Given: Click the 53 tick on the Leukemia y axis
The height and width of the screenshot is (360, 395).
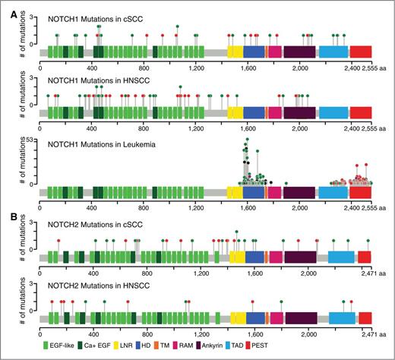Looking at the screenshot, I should [x=33, y=141].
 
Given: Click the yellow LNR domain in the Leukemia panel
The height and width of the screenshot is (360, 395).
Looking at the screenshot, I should [x=235, y=191].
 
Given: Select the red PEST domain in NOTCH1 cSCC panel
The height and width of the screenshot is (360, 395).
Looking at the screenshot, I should [x=361, y=52].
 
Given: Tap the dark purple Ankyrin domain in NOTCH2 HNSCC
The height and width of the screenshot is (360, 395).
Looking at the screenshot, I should [x=302, y=319].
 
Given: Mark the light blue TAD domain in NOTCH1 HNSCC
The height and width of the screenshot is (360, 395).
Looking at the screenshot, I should [x=333, y=112].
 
